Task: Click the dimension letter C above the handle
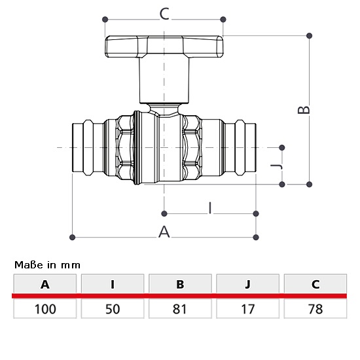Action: (x=164, y=14)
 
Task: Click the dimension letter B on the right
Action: (x=304, y=110)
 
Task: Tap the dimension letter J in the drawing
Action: (x=276, y=166)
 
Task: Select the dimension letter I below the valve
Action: (x=210, y=208)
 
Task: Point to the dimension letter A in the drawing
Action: (x=164, y=232)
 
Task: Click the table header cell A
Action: (x=45, y=284)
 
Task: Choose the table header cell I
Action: (x=113, y=284)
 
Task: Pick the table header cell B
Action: (x=180, y=284)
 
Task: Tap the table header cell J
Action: (x=247, y=284)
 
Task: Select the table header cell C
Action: (x=315, y=284)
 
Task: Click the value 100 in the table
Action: (x=45, y=309)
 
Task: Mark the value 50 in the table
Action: (x=113, y=309)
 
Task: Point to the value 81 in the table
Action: (x=179, y=309)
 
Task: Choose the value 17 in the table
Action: (x=247, y=309)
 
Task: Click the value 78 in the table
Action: (x=315, y=309)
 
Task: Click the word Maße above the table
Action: (x=29, y=265)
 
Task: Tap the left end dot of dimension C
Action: (x=105, y=19)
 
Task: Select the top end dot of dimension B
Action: (x=309, y=35)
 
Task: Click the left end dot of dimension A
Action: (x=72, y=237)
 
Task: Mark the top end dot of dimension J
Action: (x=282, y=147)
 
